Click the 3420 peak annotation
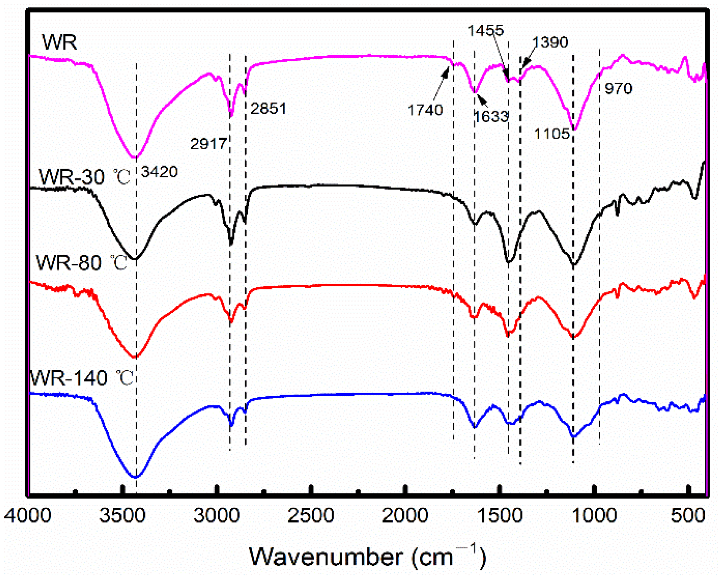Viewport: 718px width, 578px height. click(x=159, y=172)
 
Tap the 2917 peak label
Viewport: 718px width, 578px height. click(x=208, y=144)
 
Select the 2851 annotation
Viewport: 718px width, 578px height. click(x=268, y=109)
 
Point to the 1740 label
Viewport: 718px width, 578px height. click(x=425, y=110)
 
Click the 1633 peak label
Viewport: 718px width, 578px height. click(x=491, y=117)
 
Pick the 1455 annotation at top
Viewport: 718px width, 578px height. click(x=485, y=30)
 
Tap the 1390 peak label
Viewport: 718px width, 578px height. click(x=550, y=42)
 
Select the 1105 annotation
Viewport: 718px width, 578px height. click(x=552, y=134)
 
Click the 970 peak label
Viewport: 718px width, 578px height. click(x=618, y=88)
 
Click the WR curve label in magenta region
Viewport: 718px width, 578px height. click(x=59, y=42)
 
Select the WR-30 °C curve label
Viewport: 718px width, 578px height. click(x=84, y=177)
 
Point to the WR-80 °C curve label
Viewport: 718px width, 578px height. click(x=81, y=262)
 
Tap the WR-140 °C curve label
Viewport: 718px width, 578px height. click(x=82, y=378)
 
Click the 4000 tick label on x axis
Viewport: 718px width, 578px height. click(x=28, y=516)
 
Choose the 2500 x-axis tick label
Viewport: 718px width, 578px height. click(x=310, y=516)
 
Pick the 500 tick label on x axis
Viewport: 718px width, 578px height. click(x=688, y=516)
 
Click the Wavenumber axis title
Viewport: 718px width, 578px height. click(x=367, y=557)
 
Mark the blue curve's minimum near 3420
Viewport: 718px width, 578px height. click(x=136, y=477)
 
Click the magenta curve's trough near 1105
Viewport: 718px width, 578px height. click(x=575, y=129)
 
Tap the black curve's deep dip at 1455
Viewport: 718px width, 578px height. click(x=509, y=261)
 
